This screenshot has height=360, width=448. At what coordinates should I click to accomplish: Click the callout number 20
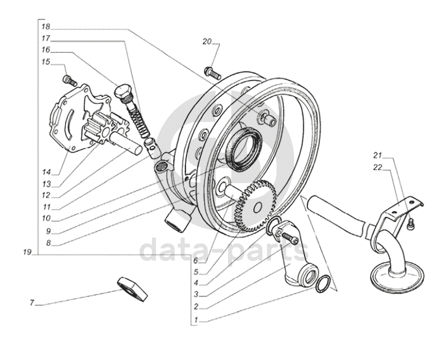[207, 42]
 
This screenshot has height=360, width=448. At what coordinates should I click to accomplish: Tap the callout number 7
[32, 303]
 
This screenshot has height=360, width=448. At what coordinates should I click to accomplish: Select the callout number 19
[27, 252]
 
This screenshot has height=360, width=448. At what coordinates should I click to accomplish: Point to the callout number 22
[378, 167]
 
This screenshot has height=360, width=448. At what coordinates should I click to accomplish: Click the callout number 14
[46, 172]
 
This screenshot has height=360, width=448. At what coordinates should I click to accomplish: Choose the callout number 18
[46, 26]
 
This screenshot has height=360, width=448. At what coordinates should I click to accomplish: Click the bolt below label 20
[213, 73]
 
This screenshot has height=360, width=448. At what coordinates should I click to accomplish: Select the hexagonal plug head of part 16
[122, 91]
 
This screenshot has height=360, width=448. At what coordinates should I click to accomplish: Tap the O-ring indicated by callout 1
[324, 284]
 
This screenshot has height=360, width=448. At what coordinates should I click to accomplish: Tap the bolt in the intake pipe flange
[290, 237]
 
